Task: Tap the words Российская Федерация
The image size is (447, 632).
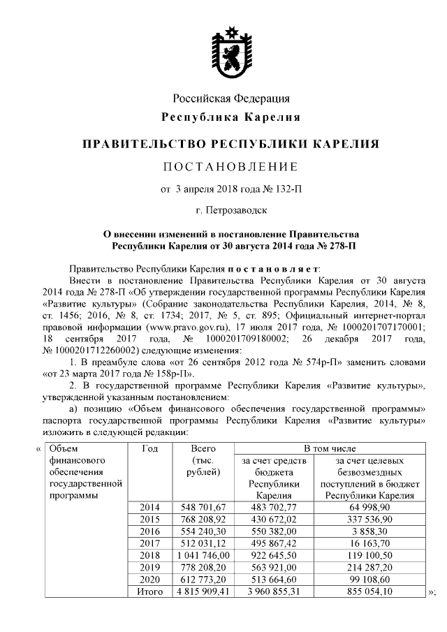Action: pos(230,98)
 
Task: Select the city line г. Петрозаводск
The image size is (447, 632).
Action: pos(230,209)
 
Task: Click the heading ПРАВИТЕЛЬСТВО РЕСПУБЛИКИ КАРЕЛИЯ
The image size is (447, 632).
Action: pos(230,145)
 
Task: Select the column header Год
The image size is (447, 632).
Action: pos(149,448)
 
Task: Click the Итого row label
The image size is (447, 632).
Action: pos(149,591)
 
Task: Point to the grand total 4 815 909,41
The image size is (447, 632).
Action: pos(203,591)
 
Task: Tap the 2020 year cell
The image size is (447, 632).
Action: pos(149,579)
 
